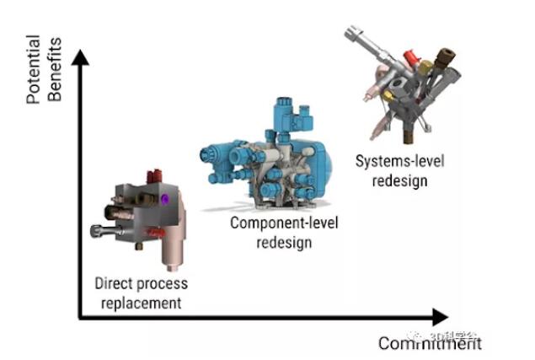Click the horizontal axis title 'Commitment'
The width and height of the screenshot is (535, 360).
(430, 343)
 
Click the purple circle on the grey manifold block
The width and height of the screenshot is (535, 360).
(166, 199)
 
